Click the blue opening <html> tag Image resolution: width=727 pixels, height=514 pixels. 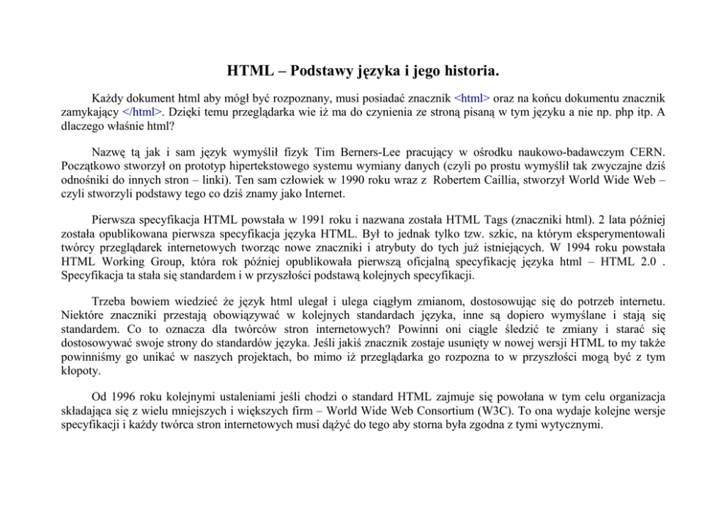click(x=473, y=98)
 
